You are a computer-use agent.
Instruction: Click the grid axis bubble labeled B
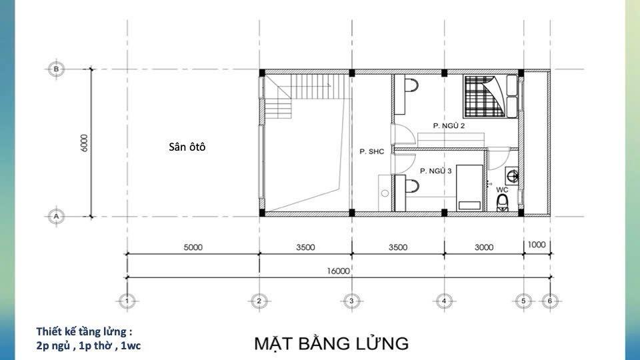[x=56, y=69]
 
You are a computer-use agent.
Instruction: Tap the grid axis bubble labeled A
[x=56, y=216]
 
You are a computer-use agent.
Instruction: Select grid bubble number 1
[x=127, y=301]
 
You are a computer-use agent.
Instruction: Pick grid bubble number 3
[x=352, y=301]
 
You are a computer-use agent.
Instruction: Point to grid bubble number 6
[x=550, y=301]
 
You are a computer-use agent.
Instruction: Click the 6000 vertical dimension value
[x=84, y=143]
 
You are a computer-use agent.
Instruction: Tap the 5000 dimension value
[x=193, y=247]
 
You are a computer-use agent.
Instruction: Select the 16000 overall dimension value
[x=339, y=271]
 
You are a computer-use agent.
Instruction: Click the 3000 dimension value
[x=484, y=247]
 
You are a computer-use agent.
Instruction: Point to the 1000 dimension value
[x=536, y=245]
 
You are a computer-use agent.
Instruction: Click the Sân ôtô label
[x=187, y=147]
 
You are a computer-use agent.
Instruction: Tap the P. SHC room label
[x=372, y=151]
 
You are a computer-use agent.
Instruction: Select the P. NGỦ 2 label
[x=449, y=126]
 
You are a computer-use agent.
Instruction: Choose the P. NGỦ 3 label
[x=435, y=171]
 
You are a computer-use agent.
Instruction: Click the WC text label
[x=502, y=190]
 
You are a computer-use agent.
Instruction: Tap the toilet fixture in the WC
[x=503, y=203]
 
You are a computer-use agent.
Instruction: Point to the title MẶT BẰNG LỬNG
[x=331, y=343]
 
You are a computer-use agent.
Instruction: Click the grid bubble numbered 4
[x=444, y=301]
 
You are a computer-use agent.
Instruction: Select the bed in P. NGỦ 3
[x=469, y=188]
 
